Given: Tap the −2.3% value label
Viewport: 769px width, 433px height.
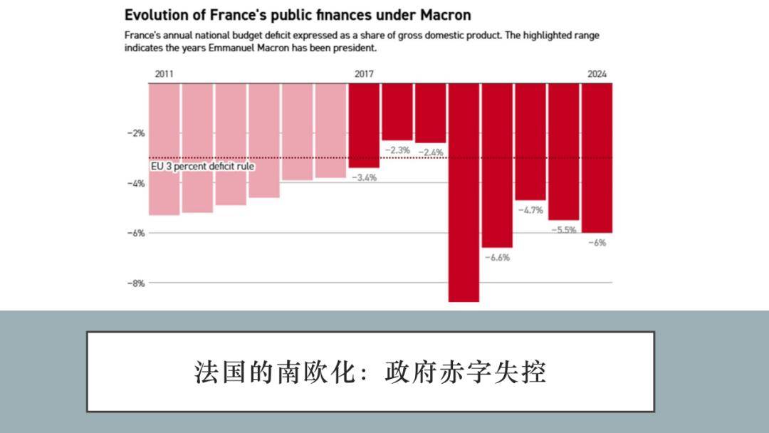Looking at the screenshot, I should pyautogui.click(x=397, y=150).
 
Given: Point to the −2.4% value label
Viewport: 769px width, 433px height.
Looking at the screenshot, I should pyautogui.click(x=431, y=152).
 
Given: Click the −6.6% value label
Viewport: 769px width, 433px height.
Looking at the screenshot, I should pyautogui.click(x=497, y=257).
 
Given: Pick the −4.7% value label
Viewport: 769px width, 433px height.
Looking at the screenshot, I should pyautogui.click(x=530, y=210).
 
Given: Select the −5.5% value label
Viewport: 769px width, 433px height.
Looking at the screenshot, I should pyautogui.click(x=563, y=230).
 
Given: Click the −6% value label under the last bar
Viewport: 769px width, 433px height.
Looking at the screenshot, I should pyautogui.click(x=597, y=243).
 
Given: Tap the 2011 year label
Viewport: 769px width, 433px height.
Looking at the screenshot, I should pyautogui.click(x=164, y=74).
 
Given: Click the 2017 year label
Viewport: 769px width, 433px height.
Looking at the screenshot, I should pyautogui.click(x=364, y=74).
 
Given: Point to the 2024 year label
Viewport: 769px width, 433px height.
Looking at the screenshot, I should pyautogui.click(x=597, y=74).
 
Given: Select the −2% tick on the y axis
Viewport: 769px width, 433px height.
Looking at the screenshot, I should pyautogui.click(x=136, y=133).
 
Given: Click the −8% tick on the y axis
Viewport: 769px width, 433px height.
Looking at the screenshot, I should pyautogui.click(x=136, y=283).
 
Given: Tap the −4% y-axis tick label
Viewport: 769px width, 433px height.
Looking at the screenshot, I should pyautogui.click(x=136, y=183).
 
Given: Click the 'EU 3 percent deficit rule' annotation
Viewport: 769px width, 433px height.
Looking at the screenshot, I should pyautogui.click(x=204, y=166).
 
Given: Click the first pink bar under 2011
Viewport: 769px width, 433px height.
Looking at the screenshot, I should pyautogui.click(x=164, y=150).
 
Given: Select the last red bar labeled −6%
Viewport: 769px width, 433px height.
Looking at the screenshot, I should pyautogui.click(x=597, y=157).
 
